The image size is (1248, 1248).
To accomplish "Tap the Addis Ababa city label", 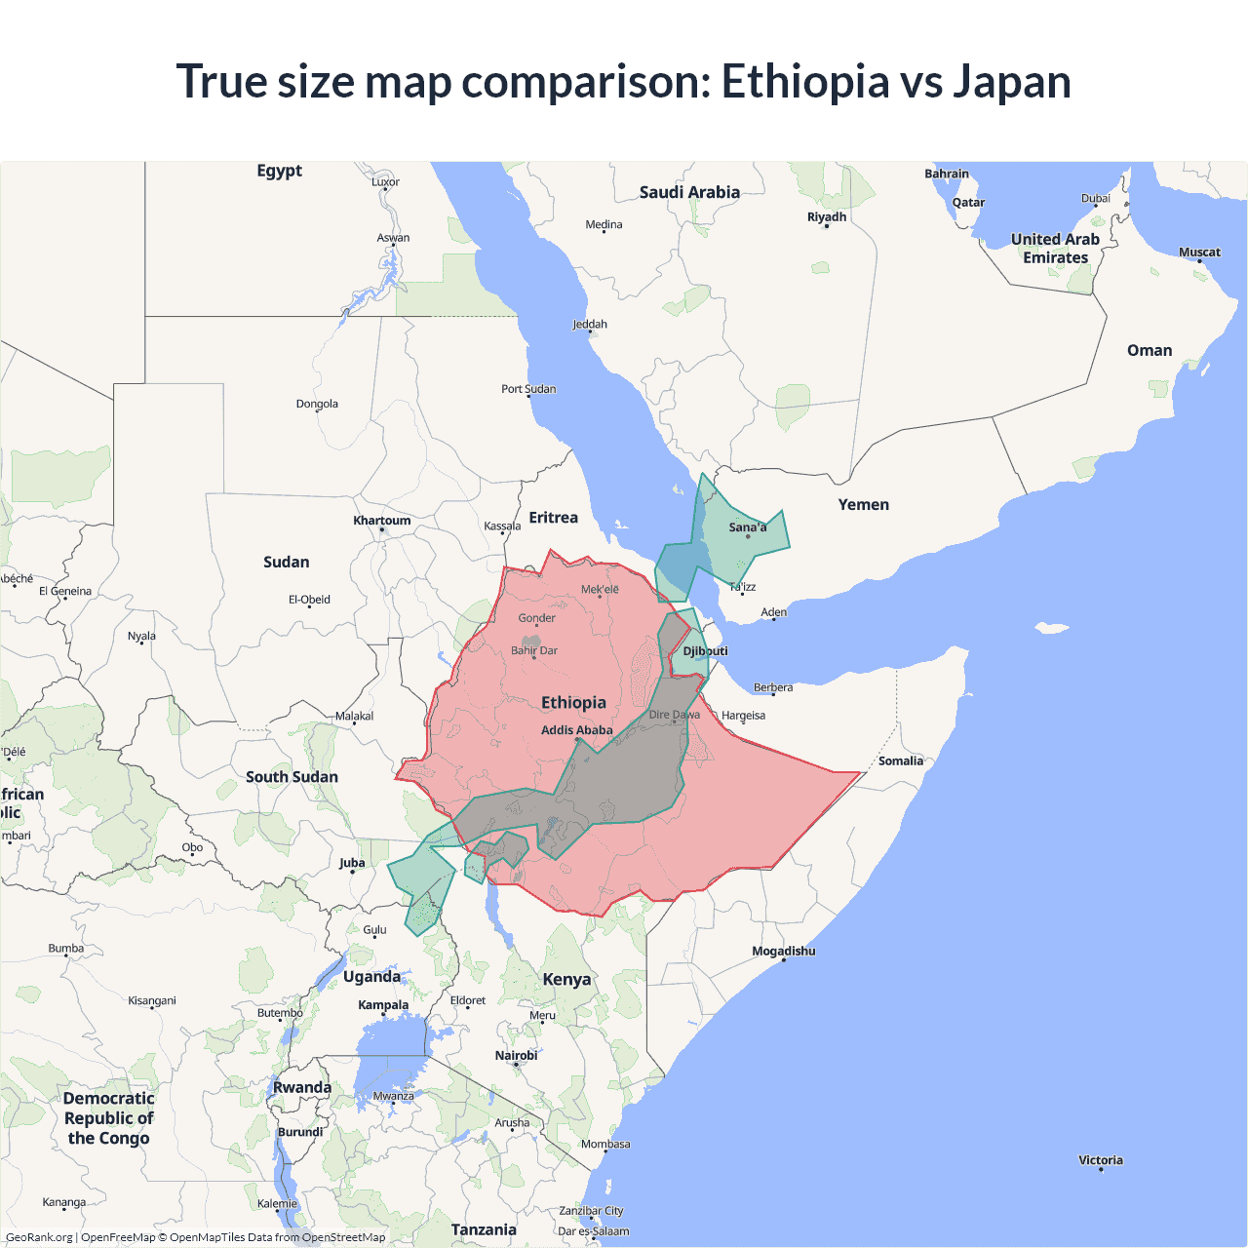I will point(576,730).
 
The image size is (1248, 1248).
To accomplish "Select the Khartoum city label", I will point(382,521).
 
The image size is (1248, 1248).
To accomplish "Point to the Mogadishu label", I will point(783,951).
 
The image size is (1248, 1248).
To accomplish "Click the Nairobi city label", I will point(516,1056).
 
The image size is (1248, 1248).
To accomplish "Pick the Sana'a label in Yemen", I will point(748,527).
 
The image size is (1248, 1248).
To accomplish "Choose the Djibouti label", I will point(705,651).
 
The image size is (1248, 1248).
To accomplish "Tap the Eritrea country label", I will point(553,518).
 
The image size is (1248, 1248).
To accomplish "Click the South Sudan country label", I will point(292,777).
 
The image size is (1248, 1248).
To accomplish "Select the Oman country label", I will point(1150,351).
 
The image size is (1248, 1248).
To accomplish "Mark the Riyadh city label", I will point(827,217).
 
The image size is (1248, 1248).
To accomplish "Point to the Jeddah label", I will point(590,325).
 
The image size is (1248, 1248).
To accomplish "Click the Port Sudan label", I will point(528,389).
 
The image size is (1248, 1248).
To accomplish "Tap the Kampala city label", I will point(383,1005).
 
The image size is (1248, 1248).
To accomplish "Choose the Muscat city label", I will point(1199,253).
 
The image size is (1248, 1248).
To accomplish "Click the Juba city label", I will point(352,863).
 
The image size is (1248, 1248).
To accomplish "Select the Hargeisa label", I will point(743,716).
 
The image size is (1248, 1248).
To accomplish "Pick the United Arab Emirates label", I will point(1055,249).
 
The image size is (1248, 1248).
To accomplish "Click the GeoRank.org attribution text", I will point(39,1237).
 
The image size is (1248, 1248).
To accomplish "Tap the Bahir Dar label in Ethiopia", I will point(534,650).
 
